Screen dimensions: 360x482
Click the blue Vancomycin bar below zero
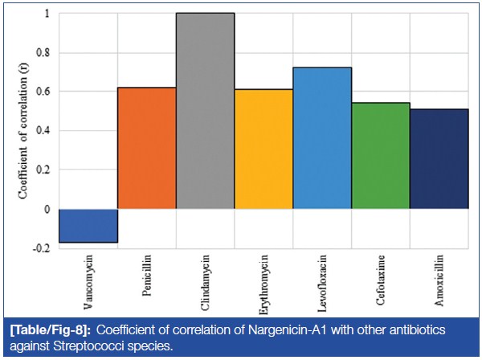(x=88, y=225)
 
